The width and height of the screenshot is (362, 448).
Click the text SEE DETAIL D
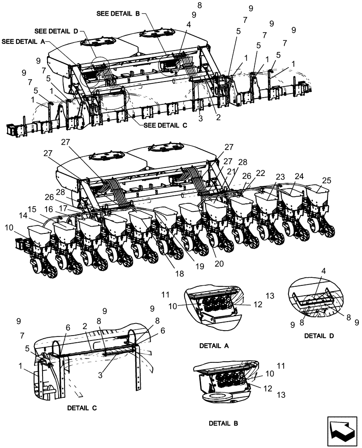click(56, 31)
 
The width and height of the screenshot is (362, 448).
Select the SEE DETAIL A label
click(23, 41)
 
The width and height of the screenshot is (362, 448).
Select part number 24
click(299, 177)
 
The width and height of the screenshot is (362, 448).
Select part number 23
click(280, 177)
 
